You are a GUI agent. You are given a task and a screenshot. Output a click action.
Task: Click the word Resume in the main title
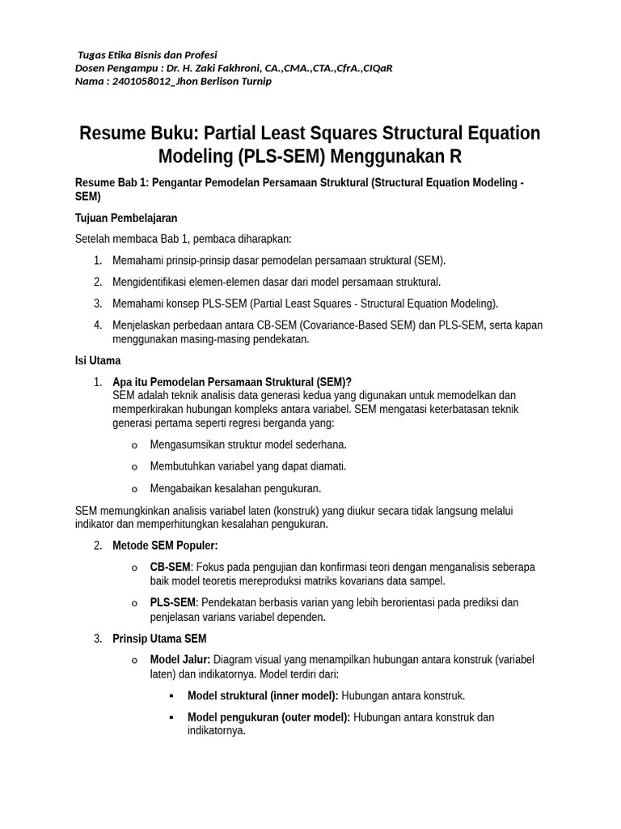coord(113,134)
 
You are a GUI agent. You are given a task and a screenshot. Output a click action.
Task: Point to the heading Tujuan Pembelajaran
coord(125,218)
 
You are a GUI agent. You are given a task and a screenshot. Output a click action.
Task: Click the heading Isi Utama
coord(98,360)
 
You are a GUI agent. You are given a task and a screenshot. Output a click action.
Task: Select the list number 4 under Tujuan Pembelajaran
coord(98,325)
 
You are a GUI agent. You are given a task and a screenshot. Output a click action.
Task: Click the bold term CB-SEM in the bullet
coord(170,567)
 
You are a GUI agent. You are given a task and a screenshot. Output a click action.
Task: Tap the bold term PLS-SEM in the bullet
coord(172,602)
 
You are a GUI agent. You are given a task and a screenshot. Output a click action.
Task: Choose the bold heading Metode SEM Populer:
coord(165,545)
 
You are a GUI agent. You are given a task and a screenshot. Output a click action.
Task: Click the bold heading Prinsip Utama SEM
coord(159,639)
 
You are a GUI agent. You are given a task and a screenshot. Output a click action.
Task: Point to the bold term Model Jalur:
coord(180,660)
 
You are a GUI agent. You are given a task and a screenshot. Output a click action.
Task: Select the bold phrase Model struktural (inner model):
coord(263,695)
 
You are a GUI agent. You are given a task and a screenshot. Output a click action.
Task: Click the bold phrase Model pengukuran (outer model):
coord(268,717)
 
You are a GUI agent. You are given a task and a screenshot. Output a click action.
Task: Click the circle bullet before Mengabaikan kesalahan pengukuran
coord(134,489)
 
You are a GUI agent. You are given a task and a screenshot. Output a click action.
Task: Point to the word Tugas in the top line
coord(92,55)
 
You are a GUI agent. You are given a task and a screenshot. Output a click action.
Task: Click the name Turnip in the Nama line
coord(255,81)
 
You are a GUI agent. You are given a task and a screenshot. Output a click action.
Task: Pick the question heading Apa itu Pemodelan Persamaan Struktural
coord(232,382)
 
